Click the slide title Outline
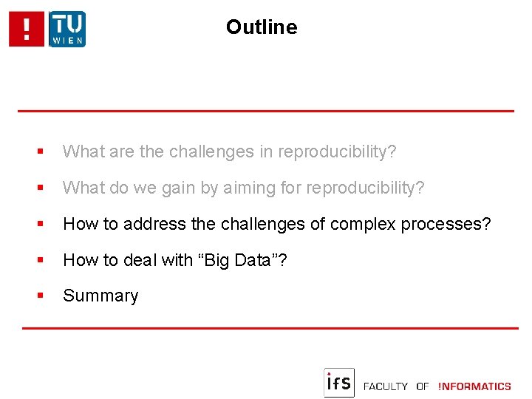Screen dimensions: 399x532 click(262, 27)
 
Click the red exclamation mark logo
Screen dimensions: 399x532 click(27, 30)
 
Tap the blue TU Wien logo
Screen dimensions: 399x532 click(67, 30)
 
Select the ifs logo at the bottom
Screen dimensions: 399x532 click(339, 383)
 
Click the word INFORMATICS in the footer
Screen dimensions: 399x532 click(474, 386)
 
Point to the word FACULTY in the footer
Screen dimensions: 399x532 click(385, 386)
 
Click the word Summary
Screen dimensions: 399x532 click(100, 296)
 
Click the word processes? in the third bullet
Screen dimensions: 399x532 click(446, 224)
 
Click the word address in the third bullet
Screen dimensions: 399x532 click(153, 224)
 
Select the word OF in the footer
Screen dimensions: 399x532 click(423, 386)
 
